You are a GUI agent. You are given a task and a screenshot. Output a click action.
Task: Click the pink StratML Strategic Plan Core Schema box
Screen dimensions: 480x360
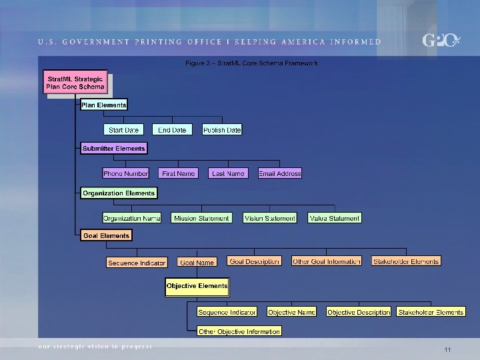(75, 83)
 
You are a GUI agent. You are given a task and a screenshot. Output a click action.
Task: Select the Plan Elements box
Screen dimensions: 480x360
(103, 105)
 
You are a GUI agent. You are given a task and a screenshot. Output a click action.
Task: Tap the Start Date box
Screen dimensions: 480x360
(123, 130)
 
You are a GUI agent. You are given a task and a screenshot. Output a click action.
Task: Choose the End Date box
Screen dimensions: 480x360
(172, 130)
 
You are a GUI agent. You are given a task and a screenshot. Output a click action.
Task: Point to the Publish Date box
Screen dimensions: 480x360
(222, 130)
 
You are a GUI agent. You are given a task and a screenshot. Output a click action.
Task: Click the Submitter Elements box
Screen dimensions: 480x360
(113, 149)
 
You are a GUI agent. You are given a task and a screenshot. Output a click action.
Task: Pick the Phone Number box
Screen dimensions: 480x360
(125, 173)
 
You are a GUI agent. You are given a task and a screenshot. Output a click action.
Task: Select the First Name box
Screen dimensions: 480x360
(179, 173)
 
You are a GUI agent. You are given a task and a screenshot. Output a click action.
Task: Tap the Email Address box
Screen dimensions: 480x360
(280, 173)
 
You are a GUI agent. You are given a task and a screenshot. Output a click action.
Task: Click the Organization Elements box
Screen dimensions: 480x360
(119, 193)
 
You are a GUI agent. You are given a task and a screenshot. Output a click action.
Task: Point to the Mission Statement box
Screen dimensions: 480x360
(201, 218)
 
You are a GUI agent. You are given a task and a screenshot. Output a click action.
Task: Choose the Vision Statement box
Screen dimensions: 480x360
(269, 218)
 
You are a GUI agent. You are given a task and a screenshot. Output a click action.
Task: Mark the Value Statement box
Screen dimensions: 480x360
(335, 218)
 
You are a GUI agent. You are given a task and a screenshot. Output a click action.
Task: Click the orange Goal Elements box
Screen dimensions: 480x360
(106, 235)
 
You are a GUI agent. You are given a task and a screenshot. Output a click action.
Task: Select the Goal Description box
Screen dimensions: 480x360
(254, 261)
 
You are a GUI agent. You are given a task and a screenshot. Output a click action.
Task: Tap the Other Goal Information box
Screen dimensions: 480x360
(327, 261)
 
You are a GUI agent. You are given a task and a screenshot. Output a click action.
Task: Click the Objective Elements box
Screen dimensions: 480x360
(197, 286)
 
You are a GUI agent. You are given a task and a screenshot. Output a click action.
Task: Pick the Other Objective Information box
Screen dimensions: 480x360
(239, 331)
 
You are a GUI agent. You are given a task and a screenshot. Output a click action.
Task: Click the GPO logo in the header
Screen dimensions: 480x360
(441, 41)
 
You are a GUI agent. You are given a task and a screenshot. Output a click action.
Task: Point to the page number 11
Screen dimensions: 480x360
(447, 350)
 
